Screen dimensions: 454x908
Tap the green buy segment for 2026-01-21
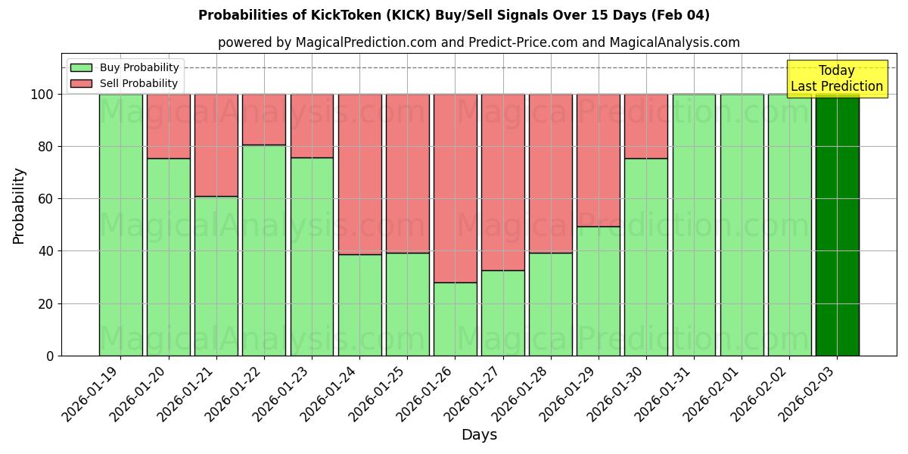(216, 275)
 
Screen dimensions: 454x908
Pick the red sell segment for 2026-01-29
(599, 160)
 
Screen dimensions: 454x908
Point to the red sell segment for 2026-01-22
(264, 119)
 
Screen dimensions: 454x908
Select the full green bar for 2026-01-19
(120, 225)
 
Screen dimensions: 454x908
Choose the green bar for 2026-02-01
(742, 225)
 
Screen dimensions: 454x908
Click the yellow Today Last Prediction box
(836, 79)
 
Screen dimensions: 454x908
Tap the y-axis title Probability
(19, 205)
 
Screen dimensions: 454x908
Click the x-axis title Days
(479, 435)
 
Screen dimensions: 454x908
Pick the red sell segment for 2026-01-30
(646, 126)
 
